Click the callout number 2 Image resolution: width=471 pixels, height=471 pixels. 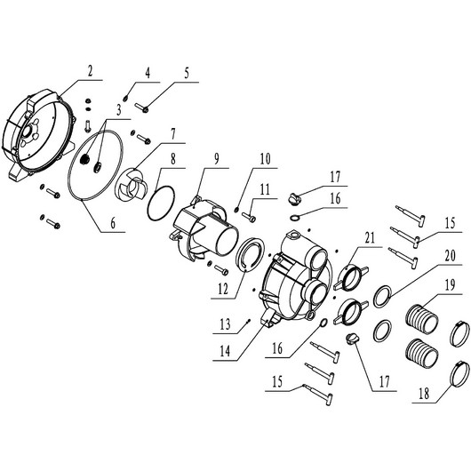(90, 71)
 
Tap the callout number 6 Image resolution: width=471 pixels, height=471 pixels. (113, 223)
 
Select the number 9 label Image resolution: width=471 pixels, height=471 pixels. (217, 159)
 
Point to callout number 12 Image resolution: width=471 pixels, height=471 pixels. (223, 290)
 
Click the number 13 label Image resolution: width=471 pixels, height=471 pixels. (225, 324)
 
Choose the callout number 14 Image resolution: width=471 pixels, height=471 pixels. (225, 350)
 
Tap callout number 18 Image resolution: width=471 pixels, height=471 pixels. (424, 393)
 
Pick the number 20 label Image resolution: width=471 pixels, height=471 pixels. (450, 256)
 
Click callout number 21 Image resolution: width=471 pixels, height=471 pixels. (370, 238)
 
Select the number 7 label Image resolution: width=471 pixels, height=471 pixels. (173, 135)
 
